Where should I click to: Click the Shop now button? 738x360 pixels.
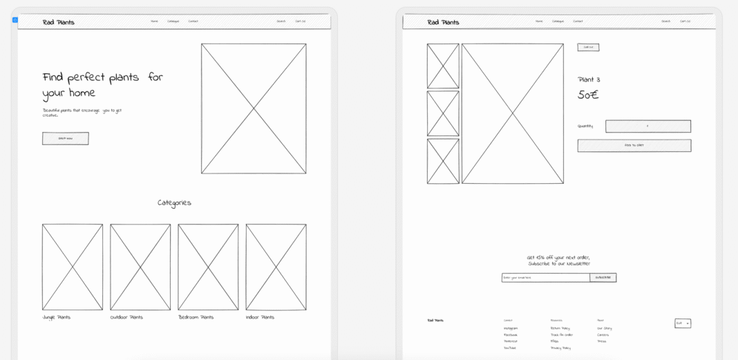coord(65,138)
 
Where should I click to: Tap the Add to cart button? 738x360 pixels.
coord(634,145)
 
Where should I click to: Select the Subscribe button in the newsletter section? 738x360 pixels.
coord(603,277)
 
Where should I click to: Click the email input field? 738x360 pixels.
coord(545,277)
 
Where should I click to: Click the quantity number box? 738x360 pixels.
coord(647,126)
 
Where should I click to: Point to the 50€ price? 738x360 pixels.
coord(588,95)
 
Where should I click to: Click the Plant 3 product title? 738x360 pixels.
coord(589,79)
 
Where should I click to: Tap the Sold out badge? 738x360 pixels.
coord(588,47)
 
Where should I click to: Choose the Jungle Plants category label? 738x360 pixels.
coord(56,317)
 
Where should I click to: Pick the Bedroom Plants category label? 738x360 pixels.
coord(196,317)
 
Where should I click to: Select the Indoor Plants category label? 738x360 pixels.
coord(260,317)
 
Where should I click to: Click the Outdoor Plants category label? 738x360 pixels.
coord(126,317)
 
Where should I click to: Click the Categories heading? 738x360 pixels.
coord(174,202)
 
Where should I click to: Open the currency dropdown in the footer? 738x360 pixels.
coord(682,323)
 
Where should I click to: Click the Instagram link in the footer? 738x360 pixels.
coord(511,328)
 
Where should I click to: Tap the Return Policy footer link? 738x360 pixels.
coord(560,328)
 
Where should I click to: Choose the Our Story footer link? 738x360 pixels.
coord(604,328)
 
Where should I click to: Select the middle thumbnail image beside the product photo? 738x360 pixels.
coord(443,113)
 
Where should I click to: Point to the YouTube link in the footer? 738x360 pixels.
coord(510,348)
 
